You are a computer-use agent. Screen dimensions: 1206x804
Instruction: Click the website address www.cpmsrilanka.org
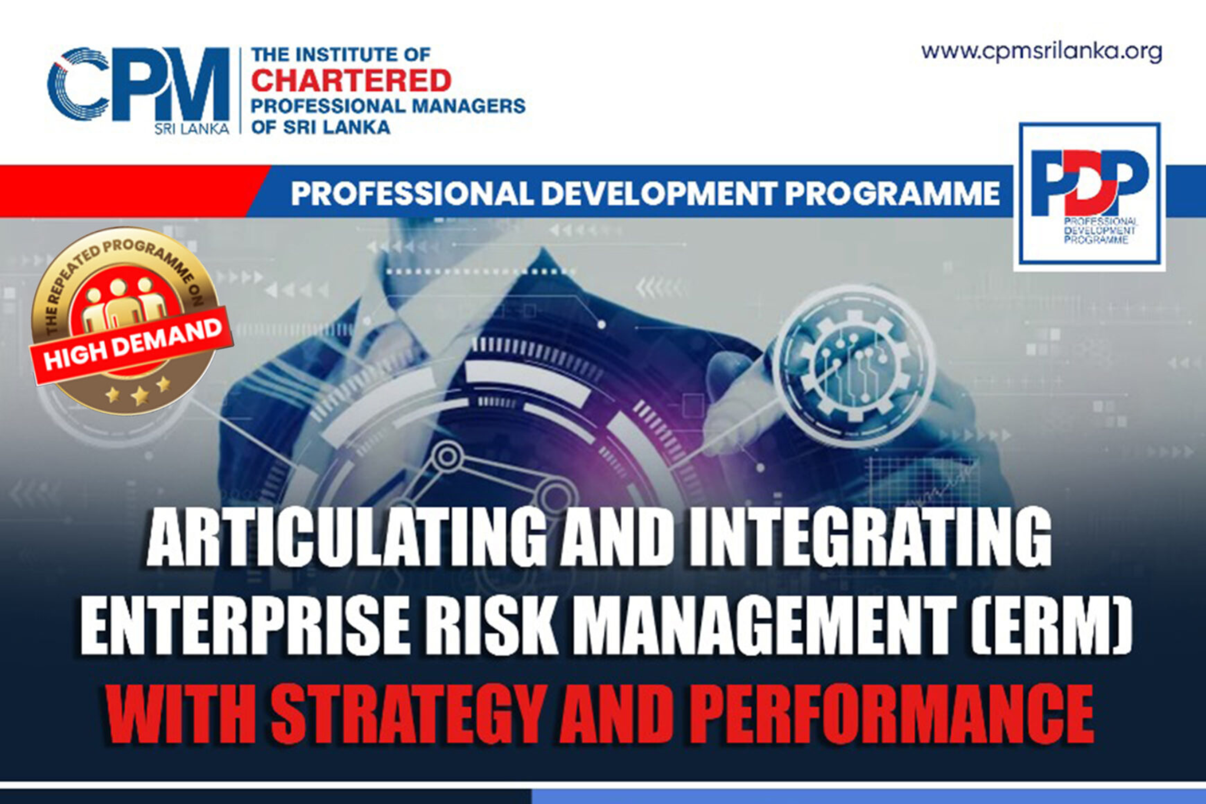pyautogui.click(x=1041, y=52)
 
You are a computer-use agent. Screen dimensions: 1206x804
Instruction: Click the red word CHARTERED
pyautogui.click(x=351, y=80)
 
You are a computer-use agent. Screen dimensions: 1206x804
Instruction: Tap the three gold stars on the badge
pyautogui.click(x=138, y=391)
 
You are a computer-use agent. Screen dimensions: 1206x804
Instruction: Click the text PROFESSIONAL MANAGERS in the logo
pyautogui.click(x=388, y=106)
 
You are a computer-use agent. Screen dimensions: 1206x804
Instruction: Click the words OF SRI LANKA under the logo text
pyautogui.click(x=321, y=127)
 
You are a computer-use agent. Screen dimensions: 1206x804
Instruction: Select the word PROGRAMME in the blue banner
pyautogui.click(x=893, y=194)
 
